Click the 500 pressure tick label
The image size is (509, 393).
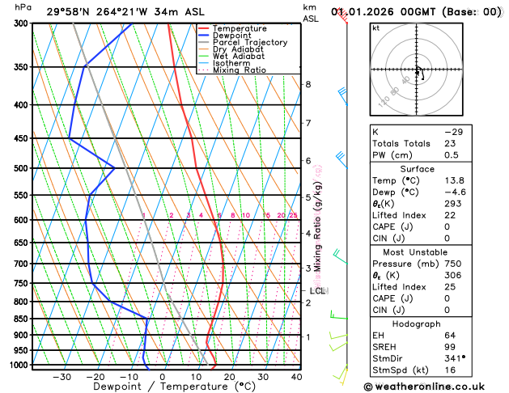click(19, 168)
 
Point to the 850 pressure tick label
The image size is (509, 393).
click(19, 319)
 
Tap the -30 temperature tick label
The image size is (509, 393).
click(61, 376)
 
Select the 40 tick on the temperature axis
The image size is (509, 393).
click(295, 376)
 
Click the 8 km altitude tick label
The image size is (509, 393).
click(308, 84)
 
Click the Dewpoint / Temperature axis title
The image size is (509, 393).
click(162, 387)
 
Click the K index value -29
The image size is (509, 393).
click(453, 130)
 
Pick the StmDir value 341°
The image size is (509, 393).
click(454, 357)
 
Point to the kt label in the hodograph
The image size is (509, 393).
click(375, 27)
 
